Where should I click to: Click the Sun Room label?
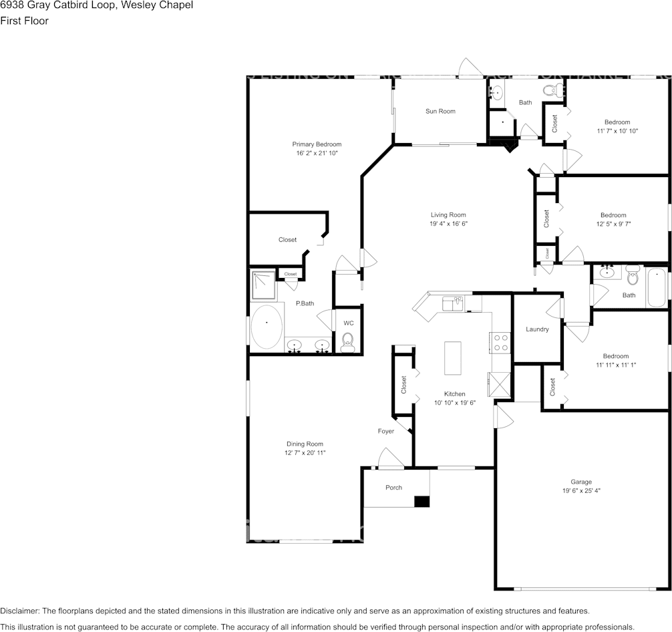[x=440, y=111]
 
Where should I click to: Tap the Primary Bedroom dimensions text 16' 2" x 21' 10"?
[x=317, y=153]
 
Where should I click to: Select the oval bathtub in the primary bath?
[x=267, y=327]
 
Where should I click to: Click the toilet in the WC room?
[x=347, y=343]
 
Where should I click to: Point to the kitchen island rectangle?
[x=452, y=358]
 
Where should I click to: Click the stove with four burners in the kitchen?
[x=500, y=342]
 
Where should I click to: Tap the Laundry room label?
[x=537, y=329]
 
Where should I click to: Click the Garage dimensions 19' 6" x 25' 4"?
[x=580, y=490]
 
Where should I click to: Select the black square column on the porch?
[x=422, y=501]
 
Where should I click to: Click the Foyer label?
[x=386, y=431]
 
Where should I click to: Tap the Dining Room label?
[x=305, y=444]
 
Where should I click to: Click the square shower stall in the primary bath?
[x=263, y=285]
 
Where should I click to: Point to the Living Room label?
[x=448, y=215]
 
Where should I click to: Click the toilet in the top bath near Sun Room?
[x=550, y=90]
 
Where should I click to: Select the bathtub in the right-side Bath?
[x=656, y=287]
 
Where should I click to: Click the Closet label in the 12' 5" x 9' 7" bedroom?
[x=546, y=218]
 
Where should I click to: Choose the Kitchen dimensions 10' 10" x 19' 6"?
[x=454, y=403]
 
